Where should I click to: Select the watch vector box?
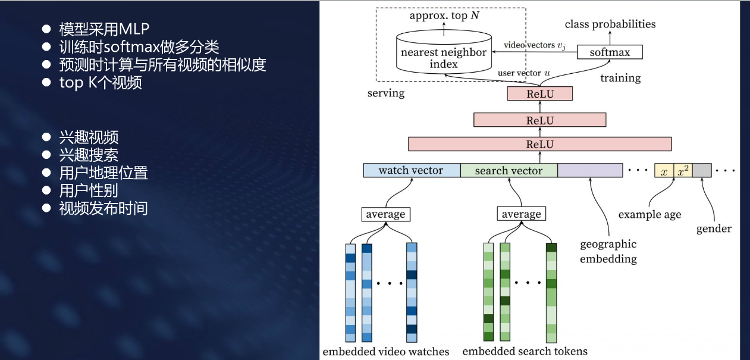[412, 171]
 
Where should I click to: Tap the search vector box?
[509, 171]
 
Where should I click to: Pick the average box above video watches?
[386, 214]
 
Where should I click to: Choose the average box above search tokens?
[522, 214]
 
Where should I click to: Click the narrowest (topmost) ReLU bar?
[539, 94]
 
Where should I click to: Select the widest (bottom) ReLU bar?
[539, 144]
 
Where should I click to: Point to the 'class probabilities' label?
[610, 24]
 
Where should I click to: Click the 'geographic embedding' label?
[608, 252]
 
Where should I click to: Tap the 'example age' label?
[649, 215]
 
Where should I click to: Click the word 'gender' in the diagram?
[714, 228]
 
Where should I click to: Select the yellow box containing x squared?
[682, 171]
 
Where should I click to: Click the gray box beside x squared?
[702, 171]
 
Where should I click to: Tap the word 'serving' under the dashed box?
[386, 93]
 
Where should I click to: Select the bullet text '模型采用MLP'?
[104, 29]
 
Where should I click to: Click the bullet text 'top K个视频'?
[101, 83]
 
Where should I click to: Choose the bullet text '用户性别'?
[89, 190]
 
